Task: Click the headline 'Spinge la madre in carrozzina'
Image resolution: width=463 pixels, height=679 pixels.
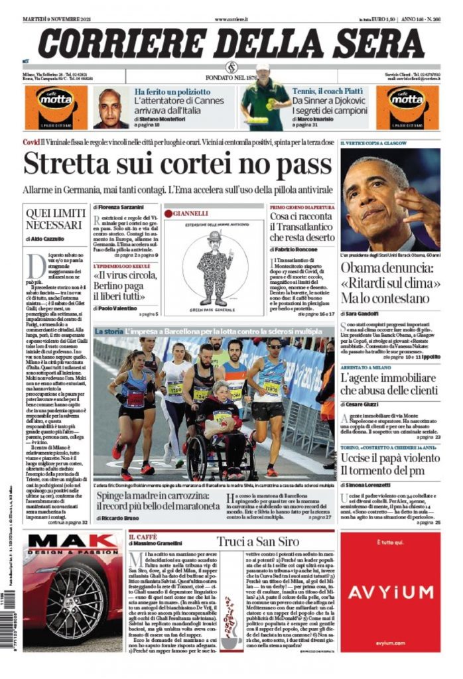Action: tap(157, 502)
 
